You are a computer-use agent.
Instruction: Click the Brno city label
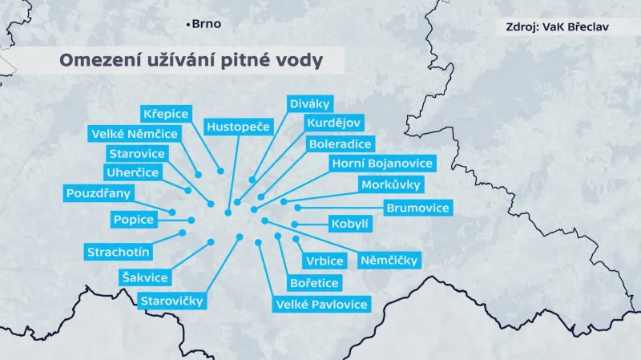pos(207,24)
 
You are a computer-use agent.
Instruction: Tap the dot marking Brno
pos(188,25)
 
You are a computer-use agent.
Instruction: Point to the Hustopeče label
pos(240,126)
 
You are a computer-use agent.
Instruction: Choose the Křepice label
pos(165,113)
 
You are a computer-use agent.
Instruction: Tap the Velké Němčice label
pos(135,133)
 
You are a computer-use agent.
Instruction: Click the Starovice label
pos(136,153)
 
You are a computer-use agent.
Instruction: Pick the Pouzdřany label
pos(99,192)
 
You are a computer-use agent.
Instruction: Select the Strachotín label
pos(119,252)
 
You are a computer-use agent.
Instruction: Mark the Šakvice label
pos(144,277)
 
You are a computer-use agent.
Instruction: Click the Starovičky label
pos(171,301)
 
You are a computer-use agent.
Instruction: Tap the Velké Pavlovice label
pos(321,304)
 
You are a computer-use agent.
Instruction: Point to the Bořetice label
pos(314,282)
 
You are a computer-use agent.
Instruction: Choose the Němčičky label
pos(392,260)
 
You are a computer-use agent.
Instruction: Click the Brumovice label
pos(417,208)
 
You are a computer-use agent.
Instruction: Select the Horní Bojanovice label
pos(383,164)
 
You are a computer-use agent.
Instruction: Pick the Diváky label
pos(310,103)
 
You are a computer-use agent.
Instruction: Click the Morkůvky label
pos(391,185)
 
